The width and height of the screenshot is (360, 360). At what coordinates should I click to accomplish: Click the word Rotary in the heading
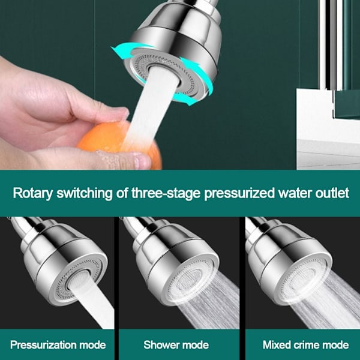tap(32, 194)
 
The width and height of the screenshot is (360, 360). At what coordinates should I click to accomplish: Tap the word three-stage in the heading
tap(166, 193)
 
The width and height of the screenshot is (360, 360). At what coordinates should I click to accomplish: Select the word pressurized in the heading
tap(239, 194)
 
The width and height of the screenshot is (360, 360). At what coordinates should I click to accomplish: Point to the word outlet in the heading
tap(332, 193)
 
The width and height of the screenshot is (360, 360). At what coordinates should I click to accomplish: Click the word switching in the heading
tap(85, 194)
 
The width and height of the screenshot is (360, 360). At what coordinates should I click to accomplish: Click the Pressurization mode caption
tap(58, 345)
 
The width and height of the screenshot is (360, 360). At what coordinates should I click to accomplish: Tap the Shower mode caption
tap(176, 345)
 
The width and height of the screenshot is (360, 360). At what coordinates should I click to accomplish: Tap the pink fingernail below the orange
tap(143, 161)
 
